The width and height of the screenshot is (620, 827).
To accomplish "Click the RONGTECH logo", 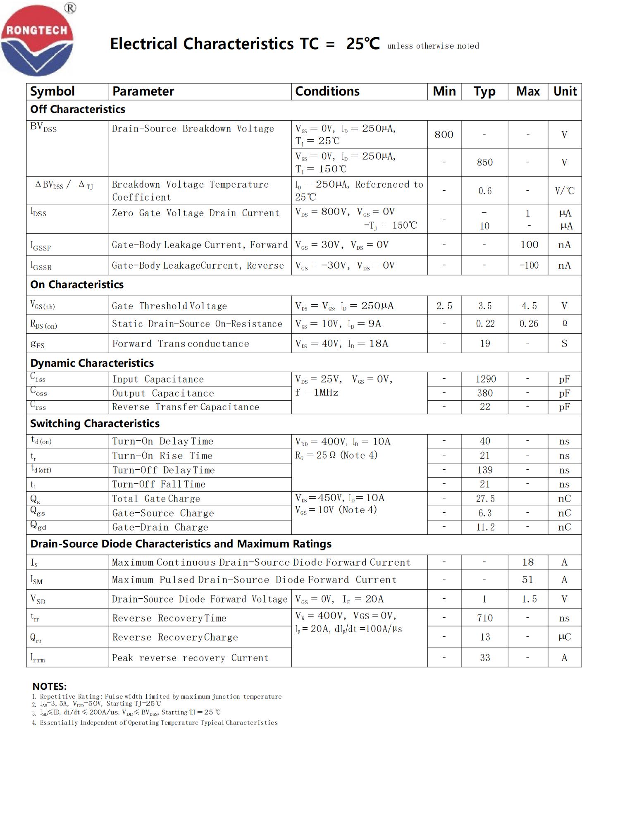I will click(37, 40).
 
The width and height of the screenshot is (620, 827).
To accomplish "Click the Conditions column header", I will click(327, 91).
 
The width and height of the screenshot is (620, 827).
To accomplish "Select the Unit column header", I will click(565, 91).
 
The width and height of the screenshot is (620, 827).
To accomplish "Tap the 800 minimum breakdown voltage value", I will click(444, 134).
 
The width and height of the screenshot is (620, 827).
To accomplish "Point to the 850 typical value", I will click(484, 162).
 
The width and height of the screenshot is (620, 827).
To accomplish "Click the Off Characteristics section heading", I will click(78, 109).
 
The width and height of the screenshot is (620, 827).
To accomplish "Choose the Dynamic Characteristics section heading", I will click(92, 363).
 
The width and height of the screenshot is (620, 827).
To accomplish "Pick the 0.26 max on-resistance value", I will click(529, 324).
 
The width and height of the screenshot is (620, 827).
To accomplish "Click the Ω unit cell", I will click(565, 324).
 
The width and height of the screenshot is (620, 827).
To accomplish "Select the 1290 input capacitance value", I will click(485, 379).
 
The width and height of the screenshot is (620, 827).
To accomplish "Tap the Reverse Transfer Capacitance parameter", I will click(186, 407).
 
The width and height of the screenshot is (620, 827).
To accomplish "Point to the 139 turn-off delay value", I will click(485, 470).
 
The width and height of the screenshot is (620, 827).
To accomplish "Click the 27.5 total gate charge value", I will click(485, 499).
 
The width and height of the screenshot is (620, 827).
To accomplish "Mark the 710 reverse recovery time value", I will click(485, 618).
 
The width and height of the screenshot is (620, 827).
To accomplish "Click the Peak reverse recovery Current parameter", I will click(190, 658).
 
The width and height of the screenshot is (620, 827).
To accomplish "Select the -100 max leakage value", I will click(529, 265).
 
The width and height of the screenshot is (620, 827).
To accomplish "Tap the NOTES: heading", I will click(50, 686).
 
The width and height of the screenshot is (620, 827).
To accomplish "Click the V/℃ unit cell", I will click(565, 191).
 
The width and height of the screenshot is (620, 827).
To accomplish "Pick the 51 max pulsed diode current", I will click(527, 580).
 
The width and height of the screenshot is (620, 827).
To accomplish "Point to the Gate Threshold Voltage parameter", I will click(169, 306).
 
